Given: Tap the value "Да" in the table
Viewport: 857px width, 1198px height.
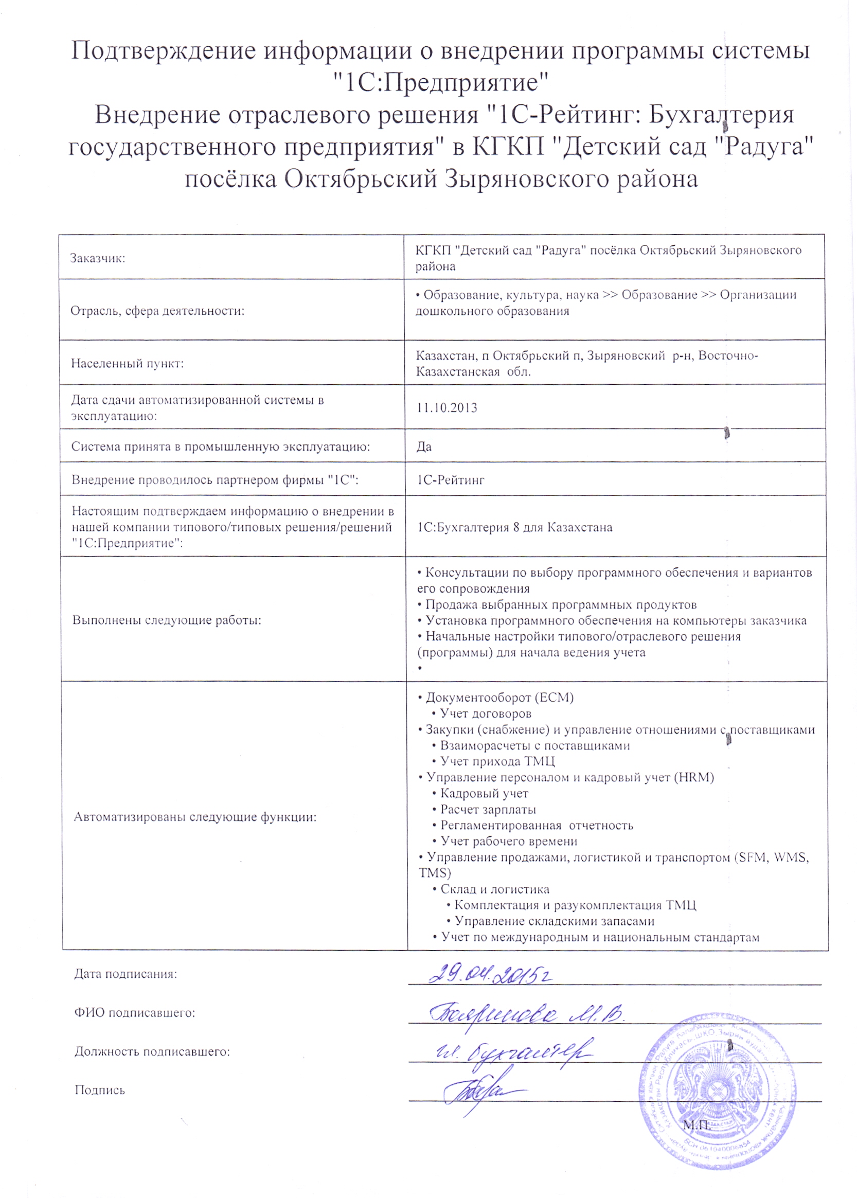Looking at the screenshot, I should click(x=424, y=447).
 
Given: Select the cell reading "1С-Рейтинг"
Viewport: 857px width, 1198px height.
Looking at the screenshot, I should click(x=451, y=480).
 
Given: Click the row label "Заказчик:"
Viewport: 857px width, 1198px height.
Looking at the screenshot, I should click(x=98, y=259).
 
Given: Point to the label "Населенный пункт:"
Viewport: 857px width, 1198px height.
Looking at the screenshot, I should click(x=127, y=364).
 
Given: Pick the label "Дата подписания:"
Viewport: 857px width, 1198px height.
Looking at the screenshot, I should click(x=126, y=974).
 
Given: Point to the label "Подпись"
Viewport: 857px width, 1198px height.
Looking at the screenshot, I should click(x=100, y=1090).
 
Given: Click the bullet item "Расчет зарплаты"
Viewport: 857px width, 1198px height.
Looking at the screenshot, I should click(x=488, y=810).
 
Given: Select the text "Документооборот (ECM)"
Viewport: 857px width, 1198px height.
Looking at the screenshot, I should click(x=499, y=698).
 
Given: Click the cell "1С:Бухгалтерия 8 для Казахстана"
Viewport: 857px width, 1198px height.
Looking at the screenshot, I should click(x=514, y=527).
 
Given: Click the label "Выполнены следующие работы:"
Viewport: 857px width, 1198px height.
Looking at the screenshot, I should click(x=167, y=620).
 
